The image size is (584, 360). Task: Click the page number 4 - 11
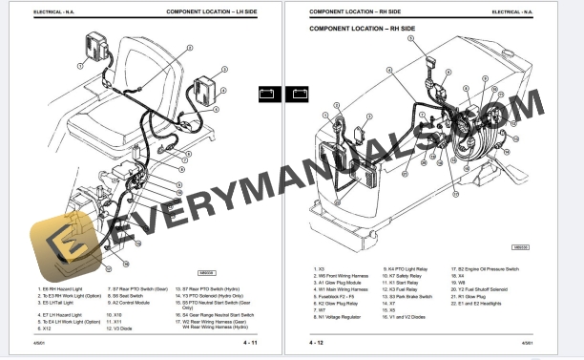coord(251,342)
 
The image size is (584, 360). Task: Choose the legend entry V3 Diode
coord(119,328)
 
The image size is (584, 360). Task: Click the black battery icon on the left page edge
coord(268,94)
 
